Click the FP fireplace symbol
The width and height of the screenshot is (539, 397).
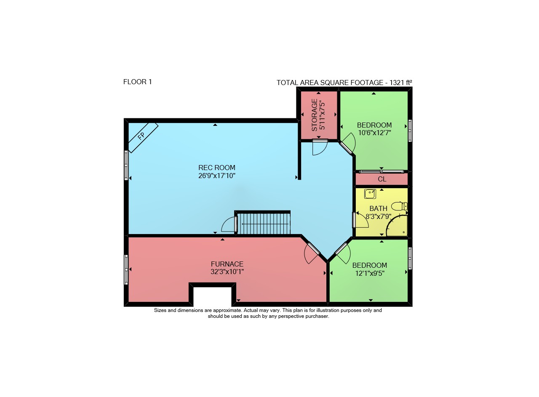tap(143, 138)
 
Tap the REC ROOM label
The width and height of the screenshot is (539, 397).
tap(217, 168)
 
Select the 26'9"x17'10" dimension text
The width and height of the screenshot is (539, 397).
tap(217, 176)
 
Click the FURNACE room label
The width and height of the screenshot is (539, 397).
tap(227, 264)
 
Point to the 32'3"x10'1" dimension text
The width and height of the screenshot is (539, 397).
tap(227, 272)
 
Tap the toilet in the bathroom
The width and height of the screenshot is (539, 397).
tap(399, 206)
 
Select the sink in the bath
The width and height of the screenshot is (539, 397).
tap(370, 194)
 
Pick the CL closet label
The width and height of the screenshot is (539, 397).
tap(382, 179)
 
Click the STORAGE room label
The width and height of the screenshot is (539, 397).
tap(315, 115)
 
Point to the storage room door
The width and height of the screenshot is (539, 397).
tap(320, 147)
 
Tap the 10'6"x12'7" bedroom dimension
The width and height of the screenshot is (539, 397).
tap(374, 133)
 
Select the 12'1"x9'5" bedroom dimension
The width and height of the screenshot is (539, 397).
tap(370, 273)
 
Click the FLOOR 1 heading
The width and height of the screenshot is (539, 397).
tap(137, 82)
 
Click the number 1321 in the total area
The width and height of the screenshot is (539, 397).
tap(397, 83)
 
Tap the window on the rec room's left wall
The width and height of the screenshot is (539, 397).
tap(126, 165)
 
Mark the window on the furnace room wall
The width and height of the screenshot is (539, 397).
tap(126, 270)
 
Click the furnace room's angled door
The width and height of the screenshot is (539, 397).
tap(312, 253)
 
